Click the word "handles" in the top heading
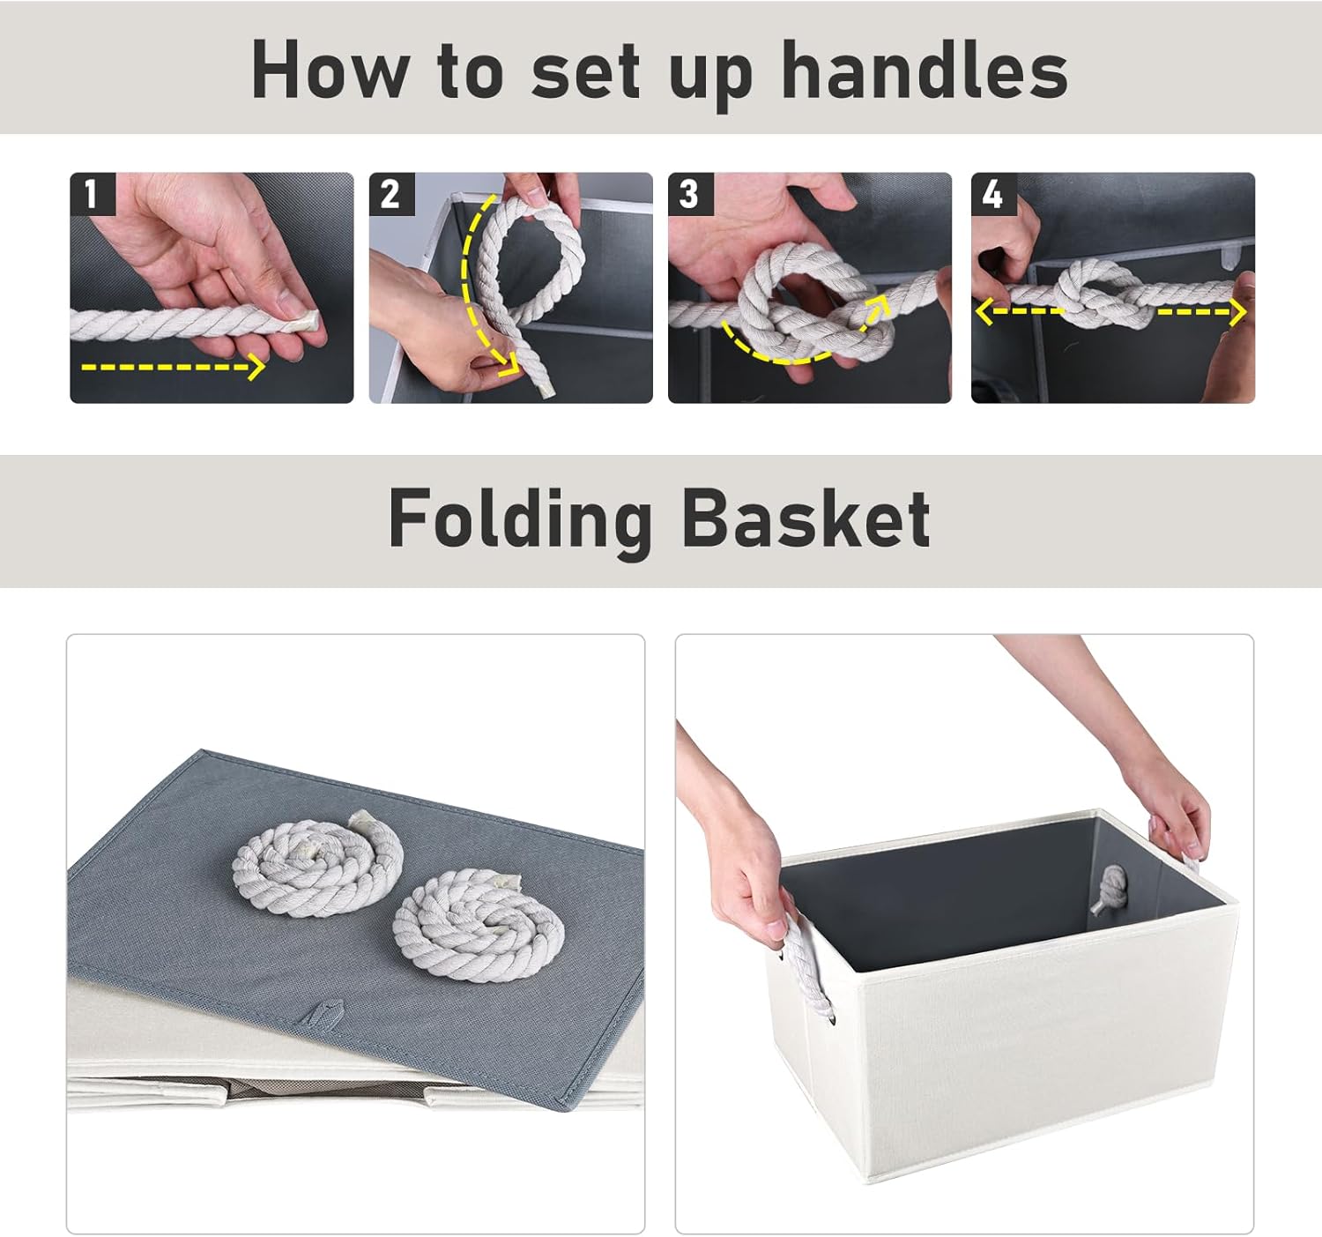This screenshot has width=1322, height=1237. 925,70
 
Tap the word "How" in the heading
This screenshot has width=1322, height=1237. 330,70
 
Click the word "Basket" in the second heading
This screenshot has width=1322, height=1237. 806,518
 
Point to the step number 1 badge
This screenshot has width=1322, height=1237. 93,194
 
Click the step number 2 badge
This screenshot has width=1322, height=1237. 392,194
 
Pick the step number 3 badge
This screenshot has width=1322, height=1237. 690,194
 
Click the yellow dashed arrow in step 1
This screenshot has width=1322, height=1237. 173,367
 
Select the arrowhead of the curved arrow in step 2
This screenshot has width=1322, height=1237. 510,364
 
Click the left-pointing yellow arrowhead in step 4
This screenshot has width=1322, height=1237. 984,311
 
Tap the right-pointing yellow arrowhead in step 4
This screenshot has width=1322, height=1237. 1237,312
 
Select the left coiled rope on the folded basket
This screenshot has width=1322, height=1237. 318,865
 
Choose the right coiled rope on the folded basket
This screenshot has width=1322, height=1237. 479,925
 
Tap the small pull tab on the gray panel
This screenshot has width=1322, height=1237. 323,1012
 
